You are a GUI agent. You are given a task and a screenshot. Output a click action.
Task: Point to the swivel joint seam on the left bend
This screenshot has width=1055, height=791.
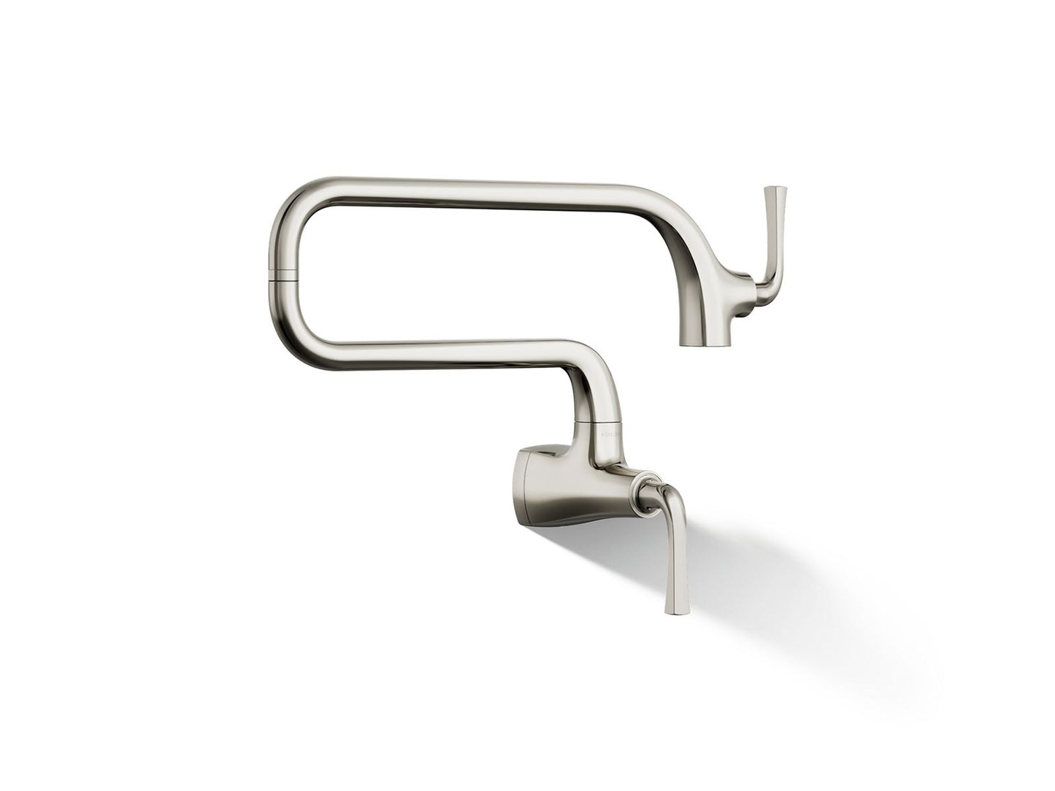pos(283,277)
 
